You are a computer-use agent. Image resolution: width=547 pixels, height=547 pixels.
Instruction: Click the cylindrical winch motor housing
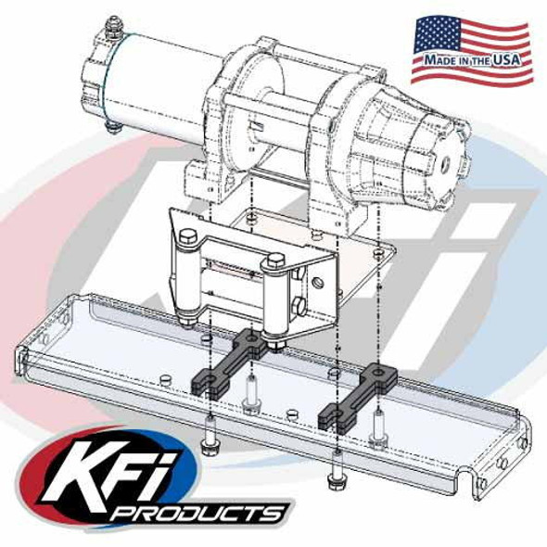coord(153,79)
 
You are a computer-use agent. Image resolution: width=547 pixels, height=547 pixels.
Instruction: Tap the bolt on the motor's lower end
coord(112,125)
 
